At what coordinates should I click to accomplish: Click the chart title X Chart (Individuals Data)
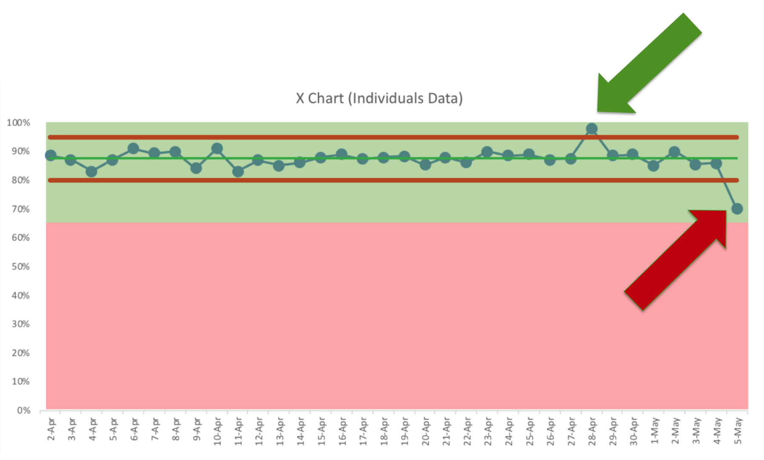(379, 98)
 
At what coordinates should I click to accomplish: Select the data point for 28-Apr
(591, 129)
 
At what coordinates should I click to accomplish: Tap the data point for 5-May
(737, 209)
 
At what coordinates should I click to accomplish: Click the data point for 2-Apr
(50, 155)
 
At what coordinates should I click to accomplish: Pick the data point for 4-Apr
(91, 172)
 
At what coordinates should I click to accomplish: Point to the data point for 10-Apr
(217, 149)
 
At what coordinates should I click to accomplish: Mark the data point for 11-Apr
(238, 172)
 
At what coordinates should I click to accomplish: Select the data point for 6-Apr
(133, 149)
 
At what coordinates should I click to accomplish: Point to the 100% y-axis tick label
(18, 123)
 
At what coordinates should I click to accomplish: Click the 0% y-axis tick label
(23, 411)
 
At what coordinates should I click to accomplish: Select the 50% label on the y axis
(20, 267)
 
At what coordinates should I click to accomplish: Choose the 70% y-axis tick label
(20, 209)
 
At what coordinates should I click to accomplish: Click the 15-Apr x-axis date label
(321, 431)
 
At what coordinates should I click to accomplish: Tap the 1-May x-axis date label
(655, 431)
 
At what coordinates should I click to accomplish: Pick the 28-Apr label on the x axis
(592, 431)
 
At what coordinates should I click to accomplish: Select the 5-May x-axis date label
(738, 431)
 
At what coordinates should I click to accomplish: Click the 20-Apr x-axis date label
(425, 431)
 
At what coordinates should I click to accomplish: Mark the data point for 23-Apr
(487, 152)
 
